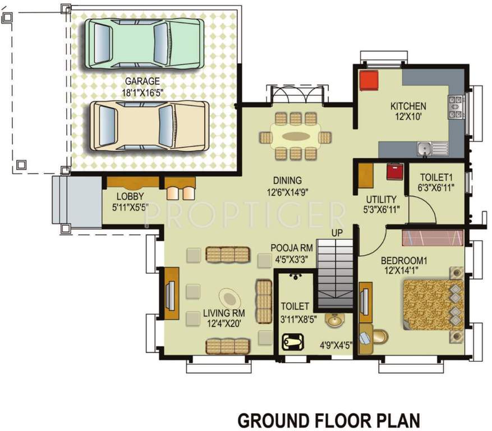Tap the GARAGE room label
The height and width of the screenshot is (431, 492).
(142, 80)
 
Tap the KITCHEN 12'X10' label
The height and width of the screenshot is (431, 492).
(408, 111)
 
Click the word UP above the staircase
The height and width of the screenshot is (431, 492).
(337, 232)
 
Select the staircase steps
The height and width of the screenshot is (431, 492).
(335, 275)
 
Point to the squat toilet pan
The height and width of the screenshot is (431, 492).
(293, 341)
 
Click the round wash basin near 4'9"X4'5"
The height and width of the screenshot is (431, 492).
(335, 321)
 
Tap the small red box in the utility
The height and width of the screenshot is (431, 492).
(394, 171)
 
